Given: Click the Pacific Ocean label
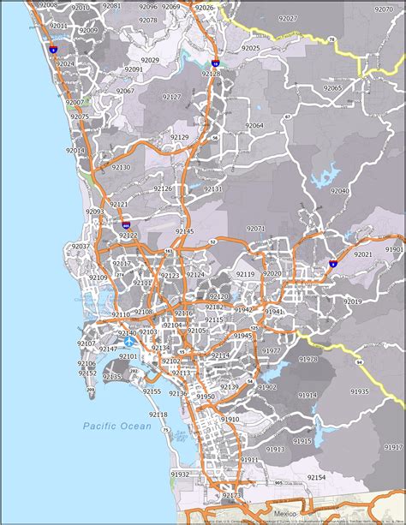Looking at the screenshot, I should click(116, 426).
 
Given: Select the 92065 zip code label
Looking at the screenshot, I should click(332, 87).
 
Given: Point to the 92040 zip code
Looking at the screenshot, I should click(339, 191).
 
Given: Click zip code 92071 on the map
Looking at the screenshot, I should click(256, 229).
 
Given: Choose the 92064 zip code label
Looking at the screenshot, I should click(254, 125).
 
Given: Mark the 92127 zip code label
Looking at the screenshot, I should click(171, 97).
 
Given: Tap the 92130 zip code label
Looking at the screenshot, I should click(120, 167).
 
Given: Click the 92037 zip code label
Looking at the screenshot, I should click(81, 246).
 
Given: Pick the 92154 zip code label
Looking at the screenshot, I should click(316, 476).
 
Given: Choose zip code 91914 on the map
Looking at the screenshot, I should click(307, 396).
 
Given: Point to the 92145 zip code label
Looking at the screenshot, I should click(184, 231).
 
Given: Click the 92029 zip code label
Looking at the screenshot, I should click(151, 60).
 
